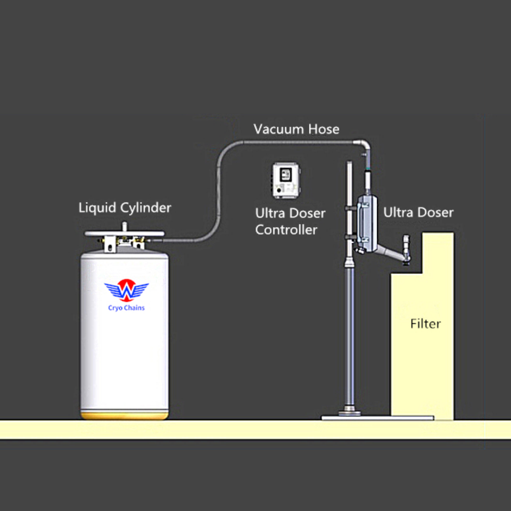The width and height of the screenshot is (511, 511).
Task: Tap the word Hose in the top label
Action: [322, 129]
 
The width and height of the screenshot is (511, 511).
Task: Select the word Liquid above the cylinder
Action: [96, 207]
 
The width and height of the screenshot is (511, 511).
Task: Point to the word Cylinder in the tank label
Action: [144, 208]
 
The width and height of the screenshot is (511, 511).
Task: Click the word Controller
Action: [286, 230]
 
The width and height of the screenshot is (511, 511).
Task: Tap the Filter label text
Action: [425, 323]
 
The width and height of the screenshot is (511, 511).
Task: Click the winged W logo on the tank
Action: [126, 291]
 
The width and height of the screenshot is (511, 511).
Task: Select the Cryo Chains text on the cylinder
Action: [126, 308]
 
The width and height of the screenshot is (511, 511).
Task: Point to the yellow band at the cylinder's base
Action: [125, 414]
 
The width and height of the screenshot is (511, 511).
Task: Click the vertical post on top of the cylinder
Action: [124, 226]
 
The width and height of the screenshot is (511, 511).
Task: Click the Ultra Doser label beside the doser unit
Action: [418, 212]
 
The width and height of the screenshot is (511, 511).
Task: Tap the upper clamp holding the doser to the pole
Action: [351, 203]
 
